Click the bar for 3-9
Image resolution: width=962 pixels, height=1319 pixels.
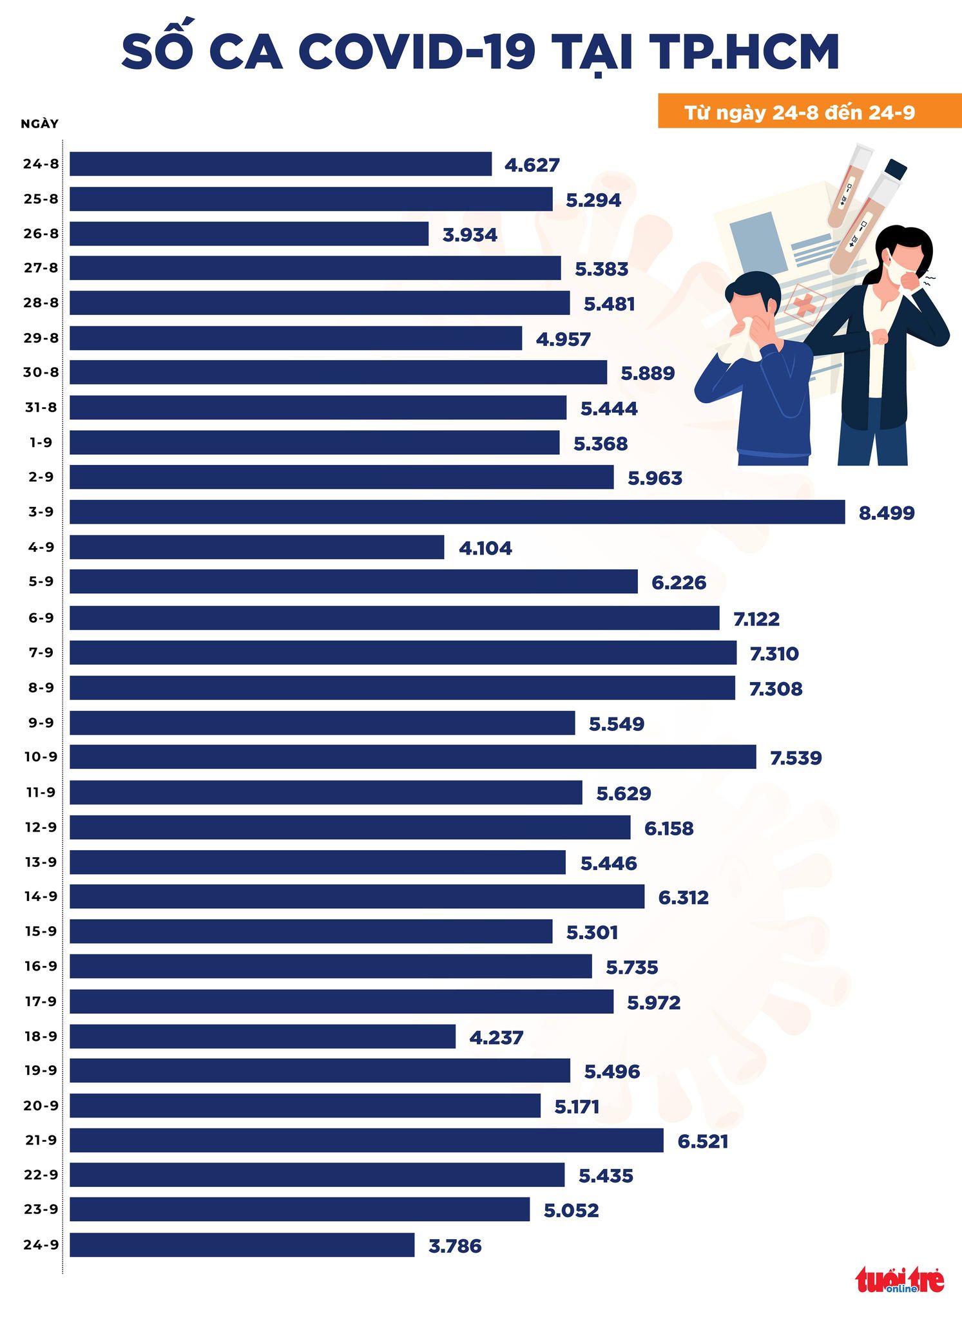pyautogui.click(x=457, y=512)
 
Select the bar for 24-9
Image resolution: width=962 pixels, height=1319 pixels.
pyautogui.click(x=242, y=1245)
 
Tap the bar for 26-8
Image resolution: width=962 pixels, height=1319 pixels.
pyautogui.click(x=249, y=234)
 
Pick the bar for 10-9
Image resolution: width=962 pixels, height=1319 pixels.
pyautogui.click(x=412, y=757)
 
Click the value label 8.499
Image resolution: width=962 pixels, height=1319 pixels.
pyautogui.click(x=886, y=513)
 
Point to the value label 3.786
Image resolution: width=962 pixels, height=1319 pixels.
pyautogui.click(x=455, y=1246)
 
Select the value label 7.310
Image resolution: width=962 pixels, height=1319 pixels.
pyautogui.click(x=774, y=654)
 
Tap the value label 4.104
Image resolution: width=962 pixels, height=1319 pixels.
pyautogui.click(x=485, y=549)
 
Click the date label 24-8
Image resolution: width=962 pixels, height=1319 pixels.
pyautogui.click(x=41, y=164)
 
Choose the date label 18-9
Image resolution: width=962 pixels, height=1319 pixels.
pyautogui.click(x=41, y=1036)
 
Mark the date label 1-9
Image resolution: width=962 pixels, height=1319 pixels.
pyautogui.click(x=41, y=443)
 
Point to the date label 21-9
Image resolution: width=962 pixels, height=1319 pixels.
pyautogui.click(x=41, y=1141)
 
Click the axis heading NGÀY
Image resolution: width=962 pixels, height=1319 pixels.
pyautogui.click(x=39, y=124)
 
